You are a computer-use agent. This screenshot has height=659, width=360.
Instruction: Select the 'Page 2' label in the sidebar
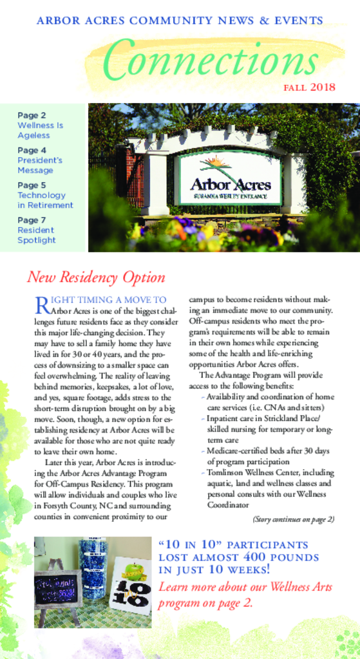(32, 115)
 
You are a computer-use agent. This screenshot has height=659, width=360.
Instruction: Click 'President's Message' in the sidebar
(40, 165)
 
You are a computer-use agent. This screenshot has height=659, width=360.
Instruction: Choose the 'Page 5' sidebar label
(32, 185)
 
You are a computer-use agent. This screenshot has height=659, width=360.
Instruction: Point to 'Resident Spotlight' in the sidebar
(37, 235)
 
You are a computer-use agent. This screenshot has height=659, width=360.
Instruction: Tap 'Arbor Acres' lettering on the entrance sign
(231, 184)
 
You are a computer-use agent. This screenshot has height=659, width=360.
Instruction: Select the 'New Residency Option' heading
(96, 277)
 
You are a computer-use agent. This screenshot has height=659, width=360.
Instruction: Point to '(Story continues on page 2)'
(293, 519)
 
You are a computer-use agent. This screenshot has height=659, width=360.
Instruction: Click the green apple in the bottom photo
(133, 569)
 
